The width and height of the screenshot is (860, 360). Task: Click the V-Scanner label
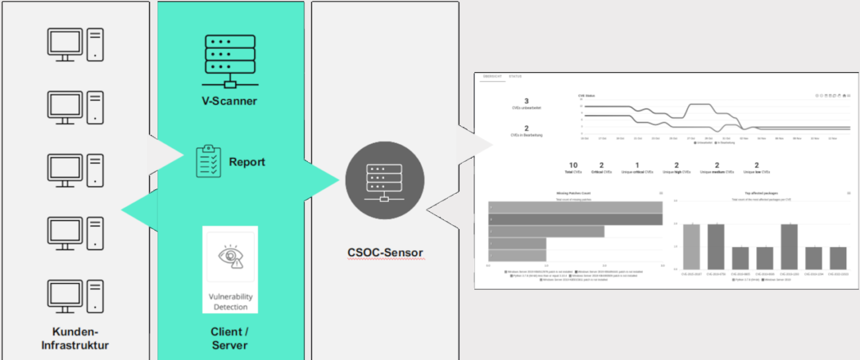(x=229, y=101)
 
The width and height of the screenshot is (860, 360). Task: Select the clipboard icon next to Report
(x=209, y=161)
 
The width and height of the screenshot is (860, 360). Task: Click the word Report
(x=247, y=161)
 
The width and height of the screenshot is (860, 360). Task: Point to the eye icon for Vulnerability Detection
(x=230, y=257)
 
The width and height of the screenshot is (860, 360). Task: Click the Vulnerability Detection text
(x=230, y=302)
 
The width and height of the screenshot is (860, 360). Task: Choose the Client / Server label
(x=230, y=338)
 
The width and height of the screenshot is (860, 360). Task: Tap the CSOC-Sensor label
(x=385, y=252)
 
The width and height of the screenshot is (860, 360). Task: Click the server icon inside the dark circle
(x=384, y=181)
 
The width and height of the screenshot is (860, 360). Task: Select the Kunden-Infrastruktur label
(x=75, y=338)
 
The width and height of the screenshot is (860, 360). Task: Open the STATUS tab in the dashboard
(x=515, y=77)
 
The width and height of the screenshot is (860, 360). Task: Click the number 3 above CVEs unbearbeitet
(x=527, y=101)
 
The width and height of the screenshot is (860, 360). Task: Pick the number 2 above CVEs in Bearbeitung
(x=527, y=128)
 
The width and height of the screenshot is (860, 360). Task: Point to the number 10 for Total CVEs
(x=573, y=165)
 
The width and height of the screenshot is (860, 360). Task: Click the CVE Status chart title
(x=587, y=96)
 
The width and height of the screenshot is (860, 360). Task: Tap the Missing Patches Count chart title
(x=574, y=194)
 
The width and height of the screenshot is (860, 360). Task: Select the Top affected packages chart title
(x=757, y=194)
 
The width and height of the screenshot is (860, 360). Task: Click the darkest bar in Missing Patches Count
(x=574, y=219)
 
